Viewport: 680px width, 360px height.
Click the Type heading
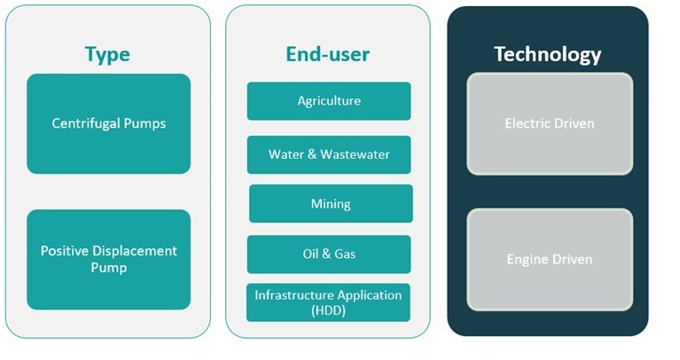tap(107, 54)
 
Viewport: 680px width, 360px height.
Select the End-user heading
tap(327, 54)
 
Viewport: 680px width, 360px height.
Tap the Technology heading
tap(547, 54)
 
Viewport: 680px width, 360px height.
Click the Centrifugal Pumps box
tap(108, 123)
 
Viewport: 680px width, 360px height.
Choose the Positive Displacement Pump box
tap(108, 259)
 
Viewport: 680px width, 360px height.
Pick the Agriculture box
tap(329, 101)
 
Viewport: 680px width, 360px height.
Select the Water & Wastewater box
tap(329, 154)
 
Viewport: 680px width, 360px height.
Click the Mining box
tap(331, 204)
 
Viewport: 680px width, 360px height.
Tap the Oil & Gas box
tap(329, 254)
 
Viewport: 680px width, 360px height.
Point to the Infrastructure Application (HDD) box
tap(328, 302)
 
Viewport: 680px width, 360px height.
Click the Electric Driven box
tap(550, 123)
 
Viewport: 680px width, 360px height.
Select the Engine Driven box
tap(550, 260)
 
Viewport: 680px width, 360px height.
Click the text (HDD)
tap(329, 310)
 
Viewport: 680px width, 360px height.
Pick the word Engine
tap(527, 260)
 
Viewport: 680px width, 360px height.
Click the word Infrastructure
tap(293, 294)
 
